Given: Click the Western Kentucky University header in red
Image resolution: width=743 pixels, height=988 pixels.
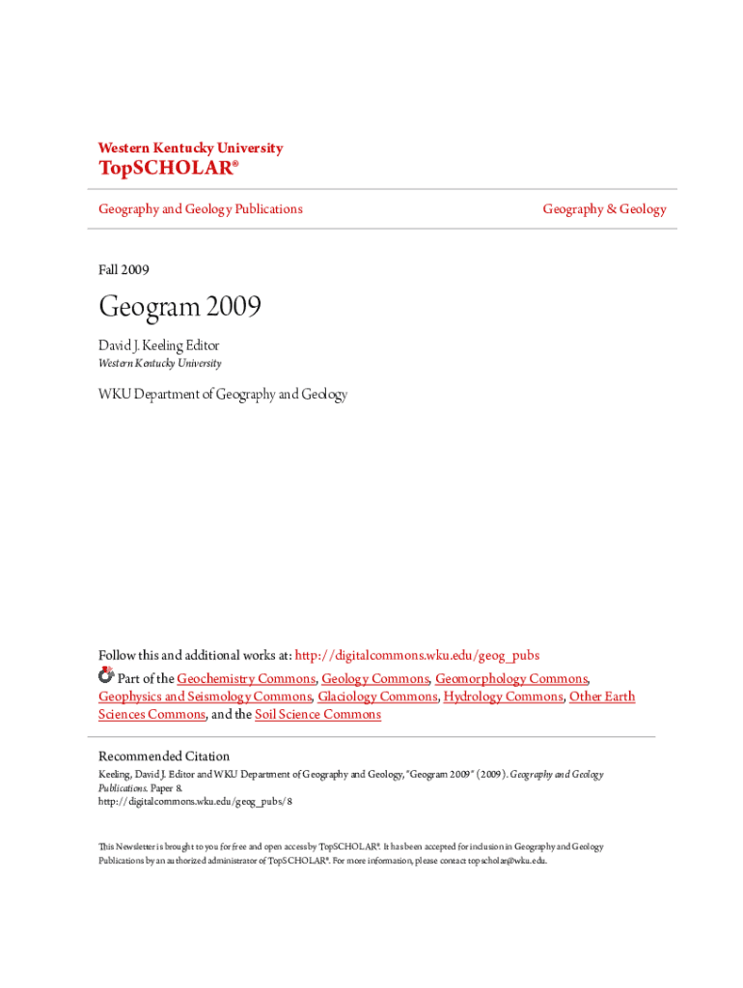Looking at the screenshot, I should (x=190, y=149).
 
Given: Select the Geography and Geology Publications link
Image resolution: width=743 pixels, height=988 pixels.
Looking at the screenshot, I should (x=200, y=209).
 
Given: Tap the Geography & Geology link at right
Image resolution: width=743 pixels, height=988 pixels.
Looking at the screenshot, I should (x=604, y=209).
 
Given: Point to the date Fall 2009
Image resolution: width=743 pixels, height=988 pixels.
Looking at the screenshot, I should (x=124, y=270).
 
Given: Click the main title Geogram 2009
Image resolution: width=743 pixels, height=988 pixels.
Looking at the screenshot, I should (x=179, y=308).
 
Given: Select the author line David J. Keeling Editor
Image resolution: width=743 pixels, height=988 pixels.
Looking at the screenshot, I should (x=158, y=345).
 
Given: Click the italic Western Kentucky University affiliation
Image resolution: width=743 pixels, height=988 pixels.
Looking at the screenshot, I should (x=159, y=364).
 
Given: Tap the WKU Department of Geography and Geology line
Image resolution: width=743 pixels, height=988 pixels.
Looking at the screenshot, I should (x=223, y=395).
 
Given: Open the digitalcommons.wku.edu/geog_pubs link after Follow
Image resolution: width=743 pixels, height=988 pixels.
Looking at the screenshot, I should (x=416, y=656).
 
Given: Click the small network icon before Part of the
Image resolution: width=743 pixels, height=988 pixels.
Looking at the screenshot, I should (x=106, y=677).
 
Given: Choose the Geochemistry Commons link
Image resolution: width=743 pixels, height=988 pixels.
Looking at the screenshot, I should (x=245, y=679).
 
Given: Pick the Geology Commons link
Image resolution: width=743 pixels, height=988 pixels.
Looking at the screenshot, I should (x=374, y=679).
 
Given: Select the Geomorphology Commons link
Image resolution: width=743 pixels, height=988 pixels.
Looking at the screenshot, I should (x=510, y=679).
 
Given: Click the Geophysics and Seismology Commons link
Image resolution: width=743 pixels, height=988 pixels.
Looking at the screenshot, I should (x=205, y=697).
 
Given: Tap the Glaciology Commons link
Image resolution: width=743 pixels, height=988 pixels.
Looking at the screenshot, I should (x=377, y=697).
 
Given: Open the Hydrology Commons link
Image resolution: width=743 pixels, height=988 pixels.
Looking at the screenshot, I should (x=503, y=697).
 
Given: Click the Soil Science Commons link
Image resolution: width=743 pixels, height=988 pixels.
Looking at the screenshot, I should (x=317, y=715).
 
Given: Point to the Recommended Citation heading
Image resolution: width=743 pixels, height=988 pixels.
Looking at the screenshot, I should (x=164, y=756).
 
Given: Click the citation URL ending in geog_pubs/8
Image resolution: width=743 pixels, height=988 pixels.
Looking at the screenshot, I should (x=195, y=802).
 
